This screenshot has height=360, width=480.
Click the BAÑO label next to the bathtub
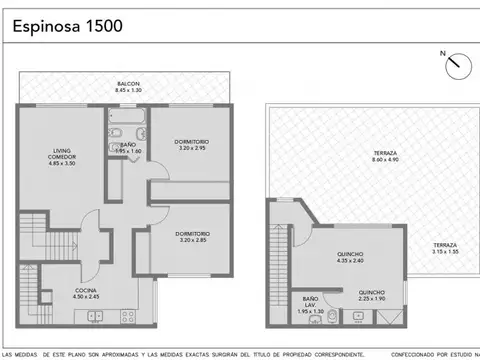128,145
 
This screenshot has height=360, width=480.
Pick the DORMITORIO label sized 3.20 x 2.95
183,140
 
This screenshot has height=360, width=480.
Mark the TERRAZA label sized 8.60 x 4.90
358,153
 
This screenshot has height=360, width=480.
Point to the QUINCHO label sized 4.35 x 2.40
350,254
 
